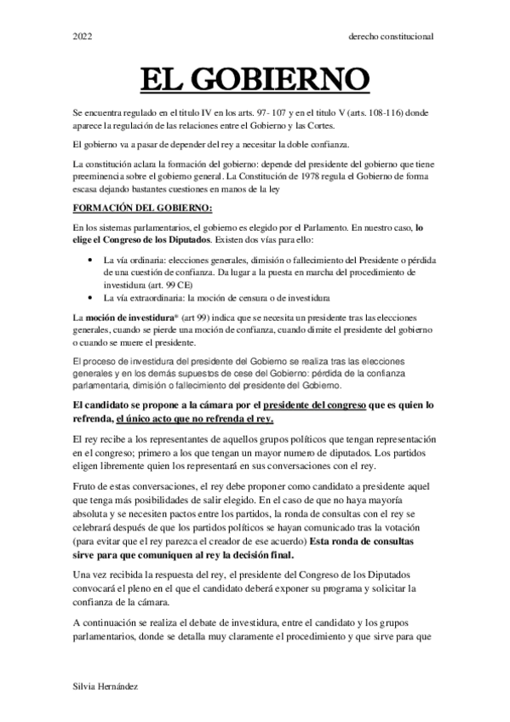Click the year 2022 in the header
pyautogui.click(x=83, y=37)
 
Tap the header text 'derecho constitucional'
pyautogui.click(x=393, y=37)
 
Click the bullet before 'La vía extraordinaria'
pyautogui.click(x=91, y=298)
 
